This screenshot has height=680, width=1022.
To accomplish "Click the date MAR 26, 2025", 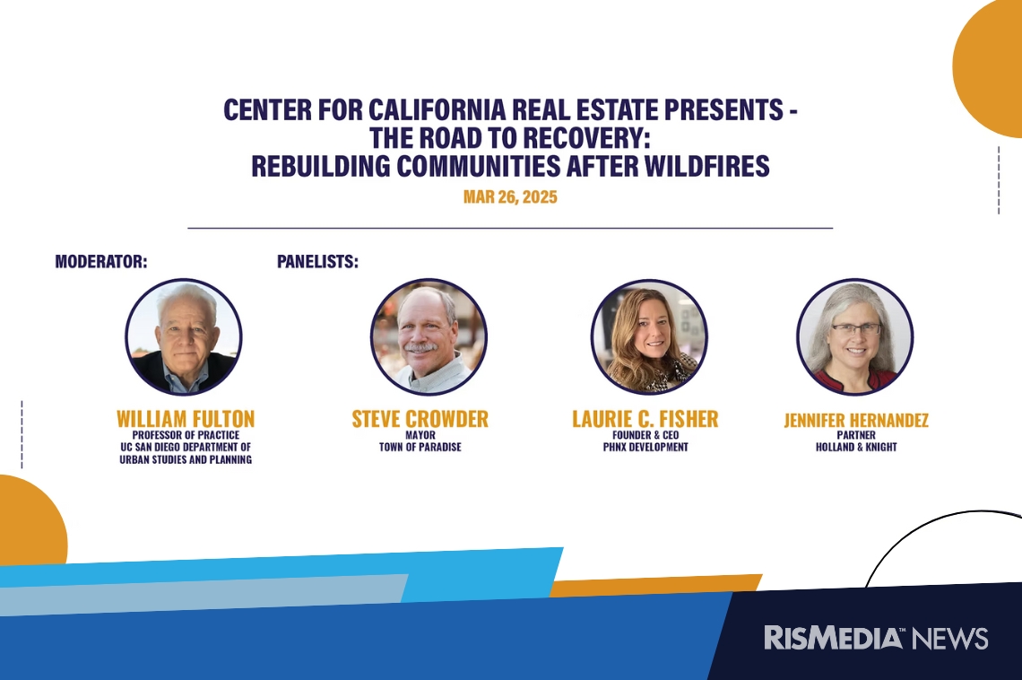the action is [510, 196].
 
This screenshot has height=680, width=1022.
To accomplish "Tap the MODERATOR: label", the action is [101, 261].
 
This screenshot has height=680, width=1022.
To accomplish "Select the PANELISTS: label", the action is [317, 261].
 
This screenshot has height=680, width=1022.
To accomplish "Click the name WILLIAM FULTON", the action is [186, 419].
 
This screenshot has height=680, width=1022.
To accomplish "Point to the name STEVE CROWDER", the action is [420, 419].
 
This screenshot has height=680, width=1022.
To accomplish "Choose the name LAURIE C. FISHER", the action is [645, 419].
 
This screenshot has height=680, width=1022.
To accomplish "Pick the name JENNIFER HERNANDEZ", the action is [856, 420].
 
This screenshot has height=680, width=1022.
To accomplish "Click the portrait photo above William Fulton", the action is [184, 337].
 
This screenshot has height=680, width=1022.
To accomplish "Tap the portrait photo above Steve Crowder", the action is [429, 337].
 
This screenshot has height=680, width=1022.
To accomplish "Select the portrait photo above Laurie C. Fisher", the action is [649, 337].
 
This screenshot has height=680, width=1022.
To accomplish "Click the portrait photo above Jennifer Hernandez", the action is [855, 337].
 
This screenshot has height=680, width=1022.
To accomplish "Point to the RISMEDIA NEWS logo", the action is [876, 638].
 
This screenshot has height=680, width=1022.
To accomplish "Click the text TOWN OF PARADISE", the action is [420, 448].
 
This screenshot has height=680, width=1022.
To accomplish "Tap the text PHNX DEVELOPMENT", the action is [645, 448].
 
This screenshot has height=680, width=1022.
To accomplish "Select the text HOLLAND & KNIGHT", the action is [856, 448].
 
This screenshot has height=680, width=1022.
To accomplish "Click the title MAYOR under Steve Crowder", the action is [420, 435].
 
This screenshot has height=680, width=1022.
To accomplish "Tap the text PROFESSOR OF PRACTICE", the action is [186, 435].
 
